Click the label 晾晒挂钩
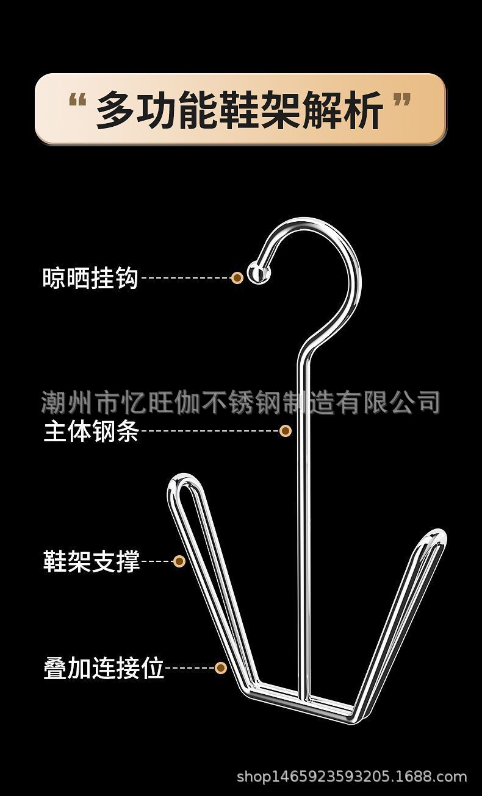tap(90, 279)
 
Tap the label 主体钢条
tap(91, 432)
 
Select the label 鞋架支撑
tap(92, 561)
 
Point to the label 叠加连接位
tap(104, 668)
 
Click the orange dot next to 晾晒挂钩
tap(237, 278)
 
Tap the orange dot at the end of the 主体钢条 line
tap(285, 431)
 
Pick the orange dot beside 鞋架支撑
tap(179, 561)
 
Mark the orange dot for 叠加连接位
tap(221, 668)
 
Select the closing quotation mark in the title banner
tap(401, 102)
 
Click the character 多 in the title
tap(117, 110)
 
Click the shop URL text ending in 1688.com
tap(351, 777)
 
